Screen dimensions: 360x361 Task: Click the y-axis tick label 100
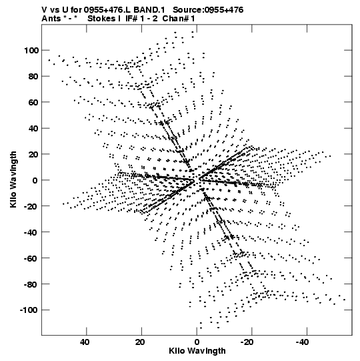(31, 51)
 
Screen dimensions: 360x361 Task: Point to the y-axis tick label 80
(33, 77)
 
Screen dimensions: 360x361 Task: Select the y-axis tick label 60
(33, 103)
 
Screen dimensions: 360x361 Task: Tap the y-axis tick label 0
(35, 180)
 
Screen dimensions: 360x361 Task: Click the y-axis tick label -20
(31, 206)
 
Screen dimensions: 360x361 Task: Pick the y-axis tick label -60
(31, 258)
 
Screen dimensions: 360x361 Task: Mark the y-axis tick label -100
(29, 310)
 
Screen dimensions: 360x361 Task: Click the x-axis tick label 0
(197, 342)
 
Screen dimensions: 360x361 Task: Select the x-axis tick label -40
(302, 342)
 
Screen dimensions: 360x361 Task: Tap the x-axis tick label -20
(247, 342)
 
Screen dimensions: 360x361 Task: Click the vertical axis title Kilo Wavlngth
(13, 179)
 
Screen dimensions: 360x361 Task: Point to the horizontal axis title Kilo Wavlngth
(197, 351)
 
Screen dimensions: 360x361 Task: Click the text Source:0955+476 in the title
(208, 10)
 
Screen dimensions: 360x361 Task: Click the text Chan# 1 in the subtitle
(179, 19)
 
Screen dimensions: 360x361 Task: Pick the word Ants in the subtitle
(51, 19)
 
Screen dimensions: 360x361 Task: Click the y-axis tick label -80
(31, 284)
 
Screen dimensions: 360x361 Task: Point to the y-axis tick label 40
(33, 129)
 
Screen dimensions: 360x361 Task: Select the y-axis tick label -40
(31, 232)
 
